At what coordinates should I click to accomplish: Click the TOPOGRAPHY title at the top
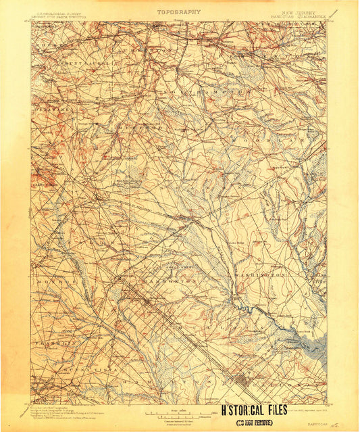point(179,11)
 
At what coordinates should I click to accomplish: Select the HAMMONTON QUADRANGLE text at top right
point(301,18)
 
